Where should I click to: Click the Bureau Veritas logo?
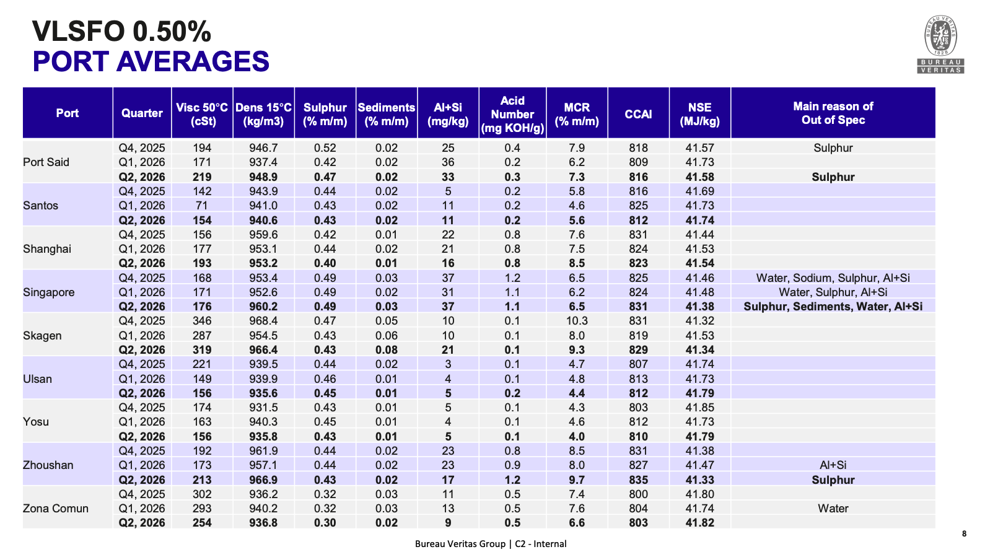[940, 44]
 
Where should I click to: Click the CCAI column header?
[638, 114]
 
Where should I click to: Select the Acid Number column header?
[512, 114]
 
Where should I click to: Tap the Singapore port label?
[49, 292]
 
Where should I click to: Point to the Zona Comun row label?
[55, 509]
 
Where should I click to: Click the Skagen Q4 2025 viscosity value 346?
[202, 321]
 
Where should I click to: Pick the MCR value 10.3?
[577, 321]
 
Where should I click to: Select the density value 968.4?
[263, 321]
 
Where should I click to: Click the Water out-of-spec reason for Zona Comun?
[833, 509]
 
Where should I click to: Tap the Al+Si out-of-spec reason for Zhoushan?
[833, 465]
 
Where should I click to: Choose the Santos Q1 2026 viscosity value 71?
[202, 206]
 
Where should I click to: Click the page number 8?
[965, 533]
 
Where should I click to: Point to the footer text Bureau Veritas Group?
[460, 544]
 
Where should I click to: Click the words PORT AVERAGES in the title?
[151, 61]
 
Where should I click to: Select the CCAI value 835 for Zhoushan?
[638, 480]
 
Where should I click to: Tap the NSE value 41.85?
[699, 407]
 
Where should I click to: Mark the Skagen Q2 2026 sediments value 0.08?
[387, 349]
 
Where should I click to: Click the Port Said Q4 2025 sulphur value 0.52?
[325, 148]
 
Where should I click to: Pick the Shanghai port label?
[47, 249]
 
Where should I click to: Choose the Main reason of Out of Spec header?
[833, 113]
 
